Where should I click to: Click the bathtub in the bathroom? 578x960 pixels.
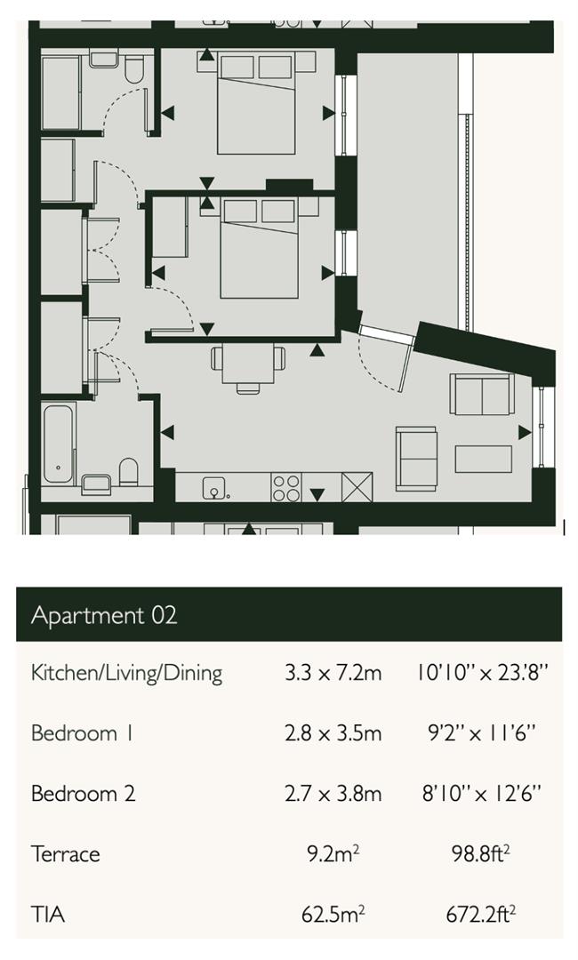pyautogui.click(x=60, y=445)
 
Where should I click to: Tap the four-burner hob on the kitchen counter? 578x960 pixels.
pyautogui.click(x=285, y=487)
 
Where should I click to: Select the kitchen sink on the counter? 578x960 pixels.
pyautogui.click(x=213, y=487)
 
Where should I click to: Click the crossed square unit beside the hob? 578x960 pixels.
pyautogui.click(x=357, y=487)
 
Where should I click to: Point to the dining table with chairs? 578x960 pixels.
pyautogui.click(x=248, y=364)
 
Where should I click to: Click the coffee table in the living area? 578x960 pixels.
pyautogui.click(x=483, y=459)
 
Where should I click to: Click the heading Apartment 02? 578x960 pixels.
pyautogui.click(x=104, y=615)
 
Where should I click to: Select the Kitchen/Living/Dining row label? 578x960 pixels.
pyautogui.click(x=126, y=672)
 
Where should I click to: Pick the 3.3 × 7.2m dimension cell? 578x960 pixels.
pyautogui.click(x=333, y=673)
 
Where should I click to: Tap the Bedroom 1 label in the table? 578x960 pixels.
pyautogui.click(x=74, y=733)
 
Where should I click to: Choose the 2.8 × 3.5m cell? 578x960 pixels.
pyautogui.click(x=333, y=733)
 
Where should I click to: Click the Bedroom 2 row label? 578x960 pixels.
pyautogui.click(x=83, y=794)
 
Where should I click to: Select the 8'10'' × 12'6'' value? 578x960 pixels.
pyautogui.click(x=481, y=794)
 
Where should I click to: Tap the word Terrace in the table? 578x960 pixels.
pyautogui.click(x=65, y=854)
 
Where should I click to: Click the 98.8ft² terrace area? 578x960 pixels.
pyautogui.click(x=481, y=854)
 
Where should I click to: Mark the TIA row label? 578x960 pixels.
pyautogui.click(x=48, y=915)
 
